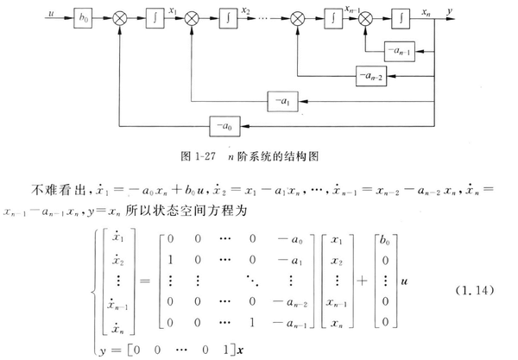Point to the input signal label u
(x=52, y=11)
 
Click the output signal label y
(x=452, y=11)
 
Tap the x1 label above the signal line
(x=175, y=9)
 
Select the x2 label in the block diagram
(x=247, y=9)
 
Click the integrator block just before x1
(x=152, y=16)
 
